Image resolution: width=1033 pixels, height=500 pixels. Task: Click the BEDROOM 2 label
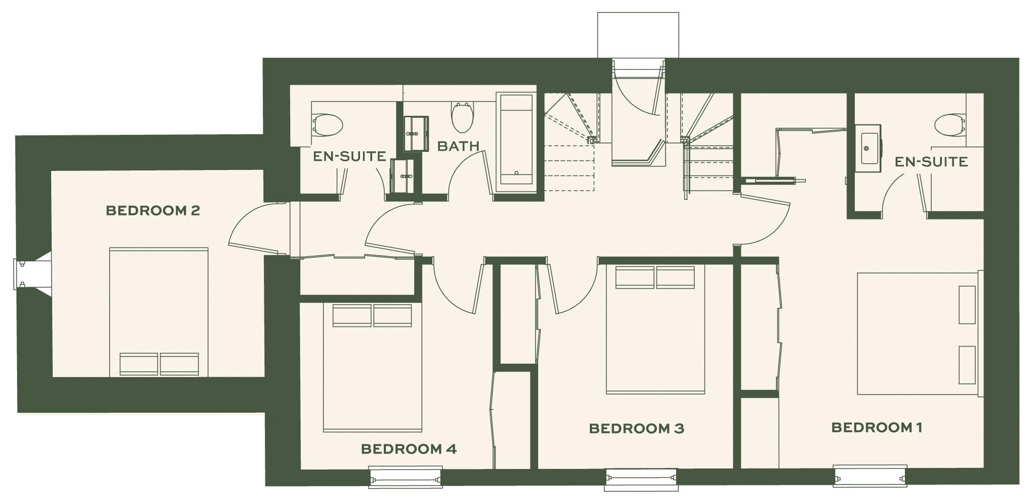152,211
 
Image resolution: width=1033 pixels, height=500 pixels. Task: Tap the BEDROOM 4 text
408,449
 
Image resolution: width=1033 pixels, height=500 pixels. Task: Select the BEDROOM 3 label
636,428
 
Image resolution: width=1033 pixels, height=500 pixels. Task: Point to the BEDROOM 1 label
876,427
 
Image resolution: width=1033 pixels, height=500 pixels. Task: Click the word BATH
458,146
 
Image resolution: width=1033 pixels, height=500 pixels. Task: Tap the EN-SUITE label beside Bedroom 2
349,156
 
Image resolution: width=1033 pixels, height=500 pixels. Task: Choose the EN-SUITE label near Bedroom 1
931,162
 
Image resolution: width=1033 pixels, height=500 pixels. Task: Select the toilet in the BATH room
462,117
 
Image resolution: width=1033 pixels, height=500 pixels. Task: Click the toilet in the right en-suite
950,124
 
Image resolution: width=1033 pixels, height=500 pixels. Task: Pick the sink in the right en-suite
867,148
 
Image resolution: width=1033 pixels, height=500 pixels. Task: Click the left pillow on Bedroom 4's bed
352,316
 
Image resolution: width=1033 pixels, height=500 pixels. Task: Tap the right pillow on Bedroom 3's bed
675,277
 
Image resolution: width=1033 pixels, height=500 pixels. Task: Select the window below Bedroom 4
405,476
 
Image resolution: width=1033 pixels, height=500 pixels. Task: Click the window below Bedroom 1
870,476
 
